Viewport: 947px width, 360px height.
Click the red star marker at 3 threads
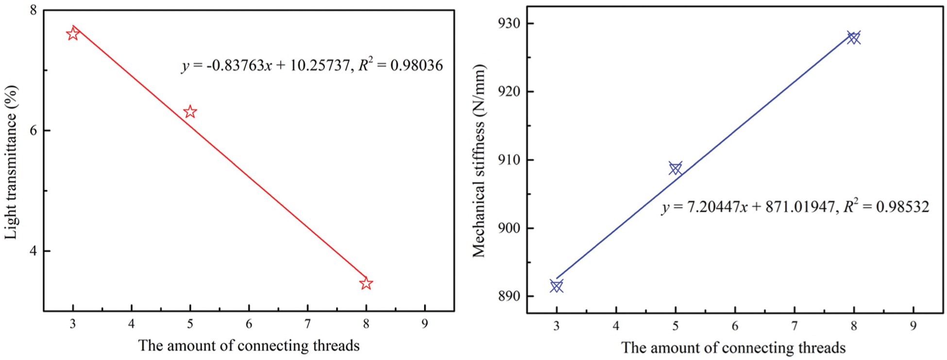(73, 34)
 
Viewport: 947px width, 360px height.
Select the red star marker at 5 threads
(190, 112)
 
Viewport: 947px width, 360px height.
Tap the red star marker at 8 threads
(366, 283)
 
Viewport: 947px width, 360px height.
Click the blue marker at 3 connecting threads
(557, 287)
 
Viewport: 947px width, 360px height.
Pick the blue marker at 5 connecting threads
(675, 169)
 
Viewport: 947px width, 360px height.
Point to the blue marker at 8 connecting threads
(854, 38)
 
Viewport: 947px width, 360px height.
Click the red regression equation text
(312, 65)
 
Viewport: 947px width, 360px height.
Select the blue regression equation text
(795, 207)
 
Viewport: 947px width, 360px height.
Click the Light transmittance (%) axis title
(11, 162)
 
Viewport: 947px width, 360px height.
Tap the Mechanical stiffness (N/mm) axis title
(479, 161)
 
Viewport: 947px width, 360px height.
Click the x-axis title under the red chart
(249, 345)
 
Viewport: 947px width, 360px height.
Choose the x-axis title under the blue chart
(733, 348)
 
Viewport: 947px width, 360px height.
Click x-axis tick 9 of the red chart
(425, 324)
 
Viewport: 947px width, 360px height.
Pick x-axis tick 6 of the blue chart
(735, 326)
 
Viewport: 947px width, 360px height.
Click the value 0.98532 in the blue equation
(902, 207)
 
